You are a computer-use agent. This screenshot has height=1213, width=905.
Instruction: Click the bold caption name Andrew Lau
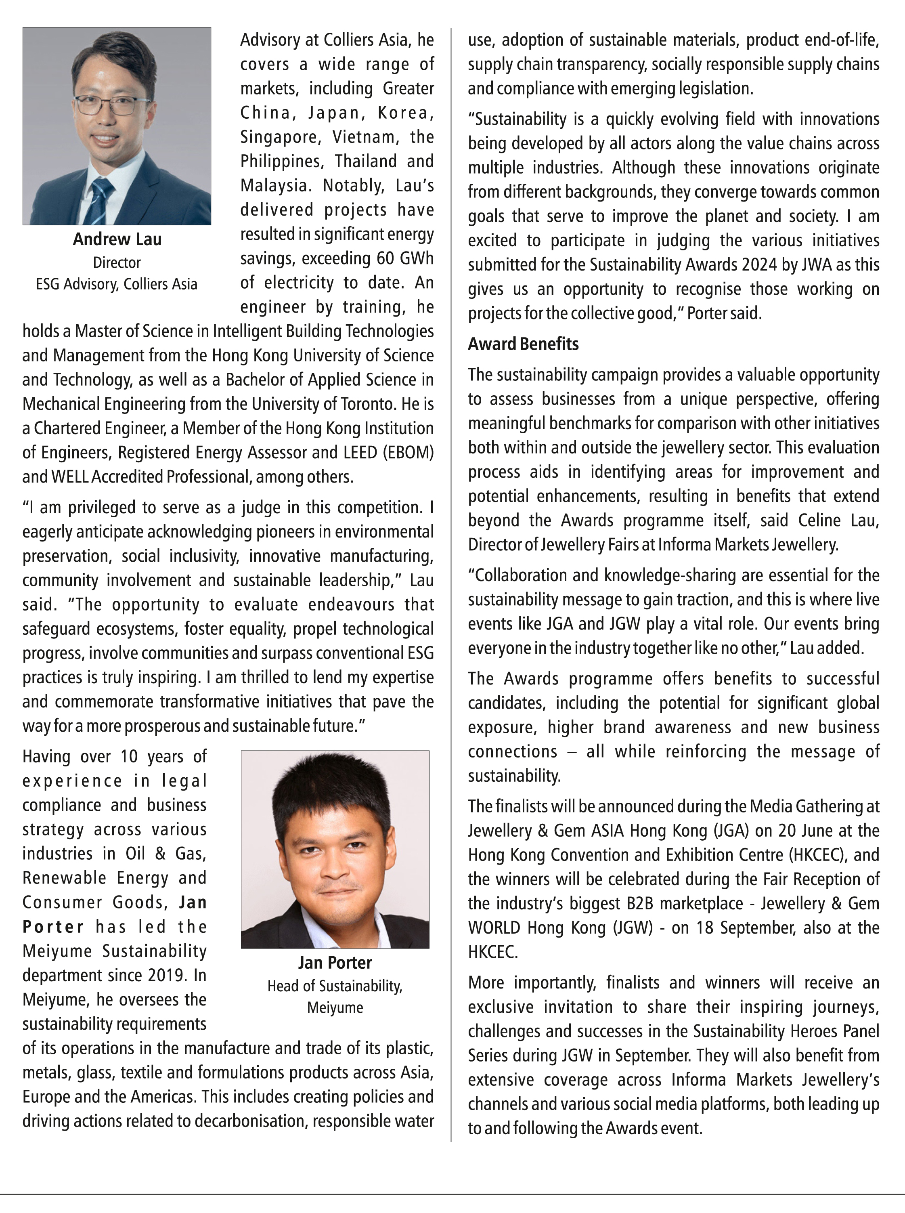tap(117, 239)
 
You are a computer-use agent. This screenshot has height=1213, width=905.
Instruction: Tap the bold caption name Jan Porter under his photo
tap(335, 963)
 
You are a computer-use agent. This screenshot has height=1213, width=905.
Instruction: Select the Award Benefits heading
tap(523, 344)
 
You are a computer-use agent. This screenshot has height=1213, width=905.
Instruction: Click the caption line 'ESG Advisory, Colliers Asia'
tap(117, 284)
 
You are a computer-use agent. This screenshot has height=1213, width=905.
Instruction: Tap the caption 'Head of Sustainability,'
tap(335, 986)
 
